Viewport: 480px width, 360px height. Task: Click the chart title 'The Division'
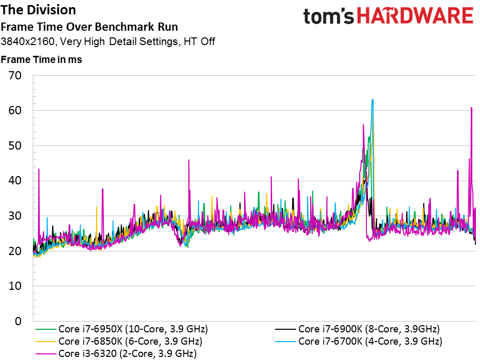(x=38, y=10)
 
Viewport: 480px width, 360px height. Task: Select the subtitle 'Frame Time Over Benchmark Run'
(x=90, y=27)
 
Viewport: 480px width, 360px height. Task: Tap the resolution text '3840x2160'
(x=28, y=41)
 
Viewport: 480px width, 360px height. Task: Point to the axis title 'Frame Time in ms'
(x=41, y=59)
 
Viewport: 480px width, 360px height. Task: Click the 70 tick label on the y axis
(x=15, y=75)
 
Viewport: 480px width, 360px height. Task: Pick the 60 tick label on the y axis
(x=15, y=110)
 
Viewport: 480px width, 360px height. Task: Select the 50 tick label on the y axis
(x=15, y=145)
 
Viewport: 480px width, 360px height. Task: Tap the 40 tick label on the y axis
(x=15, y=180)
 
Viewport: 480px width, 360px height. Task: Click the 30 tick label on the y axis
(x=15, y=216)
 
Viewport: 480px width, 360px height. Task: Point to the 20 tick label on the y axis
(x=15, y=251)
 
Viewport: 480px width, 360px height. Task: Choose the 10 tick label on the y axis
(x=15, y=286)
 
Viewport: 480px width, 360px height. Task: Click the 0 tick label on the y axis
(x=18, y=321)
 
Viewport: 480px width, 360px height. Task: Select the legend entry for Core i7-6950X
(x=121, y=329)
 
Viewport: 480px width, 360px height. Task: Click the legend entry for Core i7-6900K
(x=357, y=329)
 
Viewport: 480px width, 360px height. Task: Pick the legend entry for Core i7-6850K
(x=119, y=342)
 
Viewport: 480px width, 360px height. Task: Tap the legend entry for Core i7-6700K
(x=359, y=342)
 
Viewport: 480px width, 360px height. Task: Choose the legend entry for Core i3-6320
(x=116, y=353)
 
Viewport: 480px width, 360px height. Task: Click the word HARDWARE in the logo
(x=416, y=16)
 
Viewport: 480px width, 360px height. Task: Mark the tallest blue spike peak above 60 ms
(x=373, y=99)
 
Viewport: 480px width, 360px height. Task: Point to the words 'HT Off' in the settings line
(x=199, y=41)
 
